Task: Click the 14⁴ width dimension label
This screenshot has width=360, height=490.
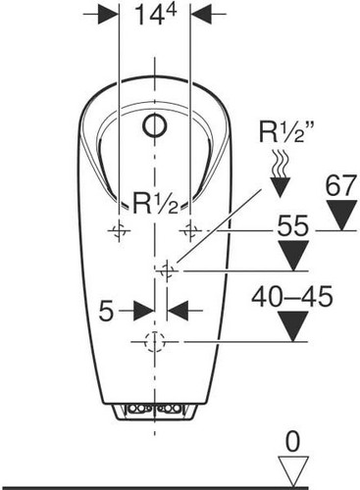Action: click(155, 15)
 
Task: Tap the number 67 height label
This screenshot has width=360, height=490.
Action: click(340, 185)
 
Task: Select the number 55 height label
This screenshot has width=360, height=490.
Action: click(293, 225)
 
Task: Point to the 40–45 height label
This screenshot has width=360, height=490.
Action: click(292, 297)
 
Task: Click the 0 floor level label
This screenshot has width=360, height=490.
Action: click(292, 442)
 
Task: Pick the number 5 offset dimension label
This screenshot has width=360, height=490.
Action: click(106, 312)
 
